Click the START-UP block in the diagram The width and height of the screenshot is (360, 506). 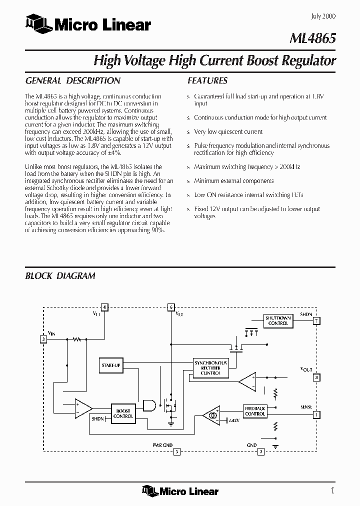point(110,365)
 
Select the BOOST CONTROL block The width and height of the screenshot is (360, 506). point(123,413)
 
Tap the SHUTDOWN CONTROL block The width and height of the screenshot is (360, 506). point(278,320)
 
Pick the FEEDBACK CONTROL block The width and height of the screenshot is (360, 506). point(255,411)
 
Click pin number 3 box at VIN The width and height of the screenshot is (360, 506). point(44,339)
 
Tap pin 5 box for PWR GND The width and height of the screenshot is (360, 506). point(176,452)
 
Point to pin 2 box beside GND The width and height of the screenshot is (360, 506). point(260,452)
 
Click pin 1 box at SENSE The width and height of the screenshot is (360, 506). point(316,414)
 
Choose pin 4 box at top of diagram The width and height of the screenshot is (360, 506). point(104,307)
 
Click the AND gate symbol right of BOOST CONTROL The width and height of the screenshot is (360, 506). point(149,406)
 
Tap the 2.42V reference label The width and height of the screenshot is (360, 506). point(234,421)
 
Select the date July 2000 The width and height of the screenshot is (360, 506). point(323,16)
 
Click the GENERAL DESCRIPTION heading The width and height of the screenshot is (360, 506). point(72,80)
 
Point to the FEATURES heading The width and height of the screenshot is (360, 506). point(207,80)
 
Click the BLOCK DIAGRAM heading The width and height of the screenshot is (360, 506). point(60,276)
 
